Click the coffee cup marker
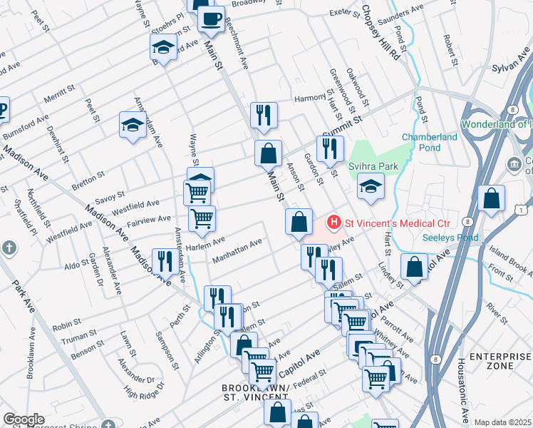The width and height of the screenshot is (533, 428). [x=211, y=19]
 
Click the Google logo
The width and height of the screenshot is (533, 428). [x=24, y=419]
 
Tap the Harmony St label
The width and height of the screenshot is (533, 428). [x=311, y=98]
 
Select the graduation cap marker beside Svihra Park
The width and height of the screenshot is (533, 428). [x=370, y=187]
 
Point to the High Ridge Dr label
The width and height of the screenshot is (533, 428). [x=144, y=389]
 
